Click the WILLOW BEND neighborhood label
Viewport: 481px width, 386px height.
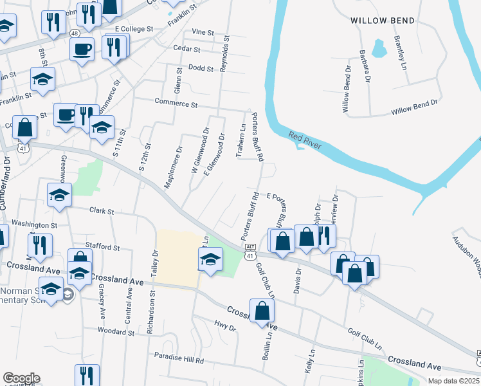click(383, 21)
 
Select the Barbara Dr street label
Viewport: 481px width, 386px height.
click(365, 67)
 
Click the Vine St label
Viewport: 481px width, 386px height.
click(202, 32)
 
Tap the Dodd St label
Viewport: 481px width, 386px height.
click(200, 68)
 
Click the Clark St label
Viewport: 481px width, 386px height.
click(102, 210)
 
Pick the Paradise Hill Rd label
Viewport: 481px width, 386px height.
click(179, 355)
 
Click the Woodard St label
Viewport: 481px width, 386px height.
click(116, 332)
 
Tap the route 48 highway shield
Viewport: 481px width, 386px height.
click(75, 33)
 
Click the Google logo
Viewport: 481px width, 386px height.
click(21, 378)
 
